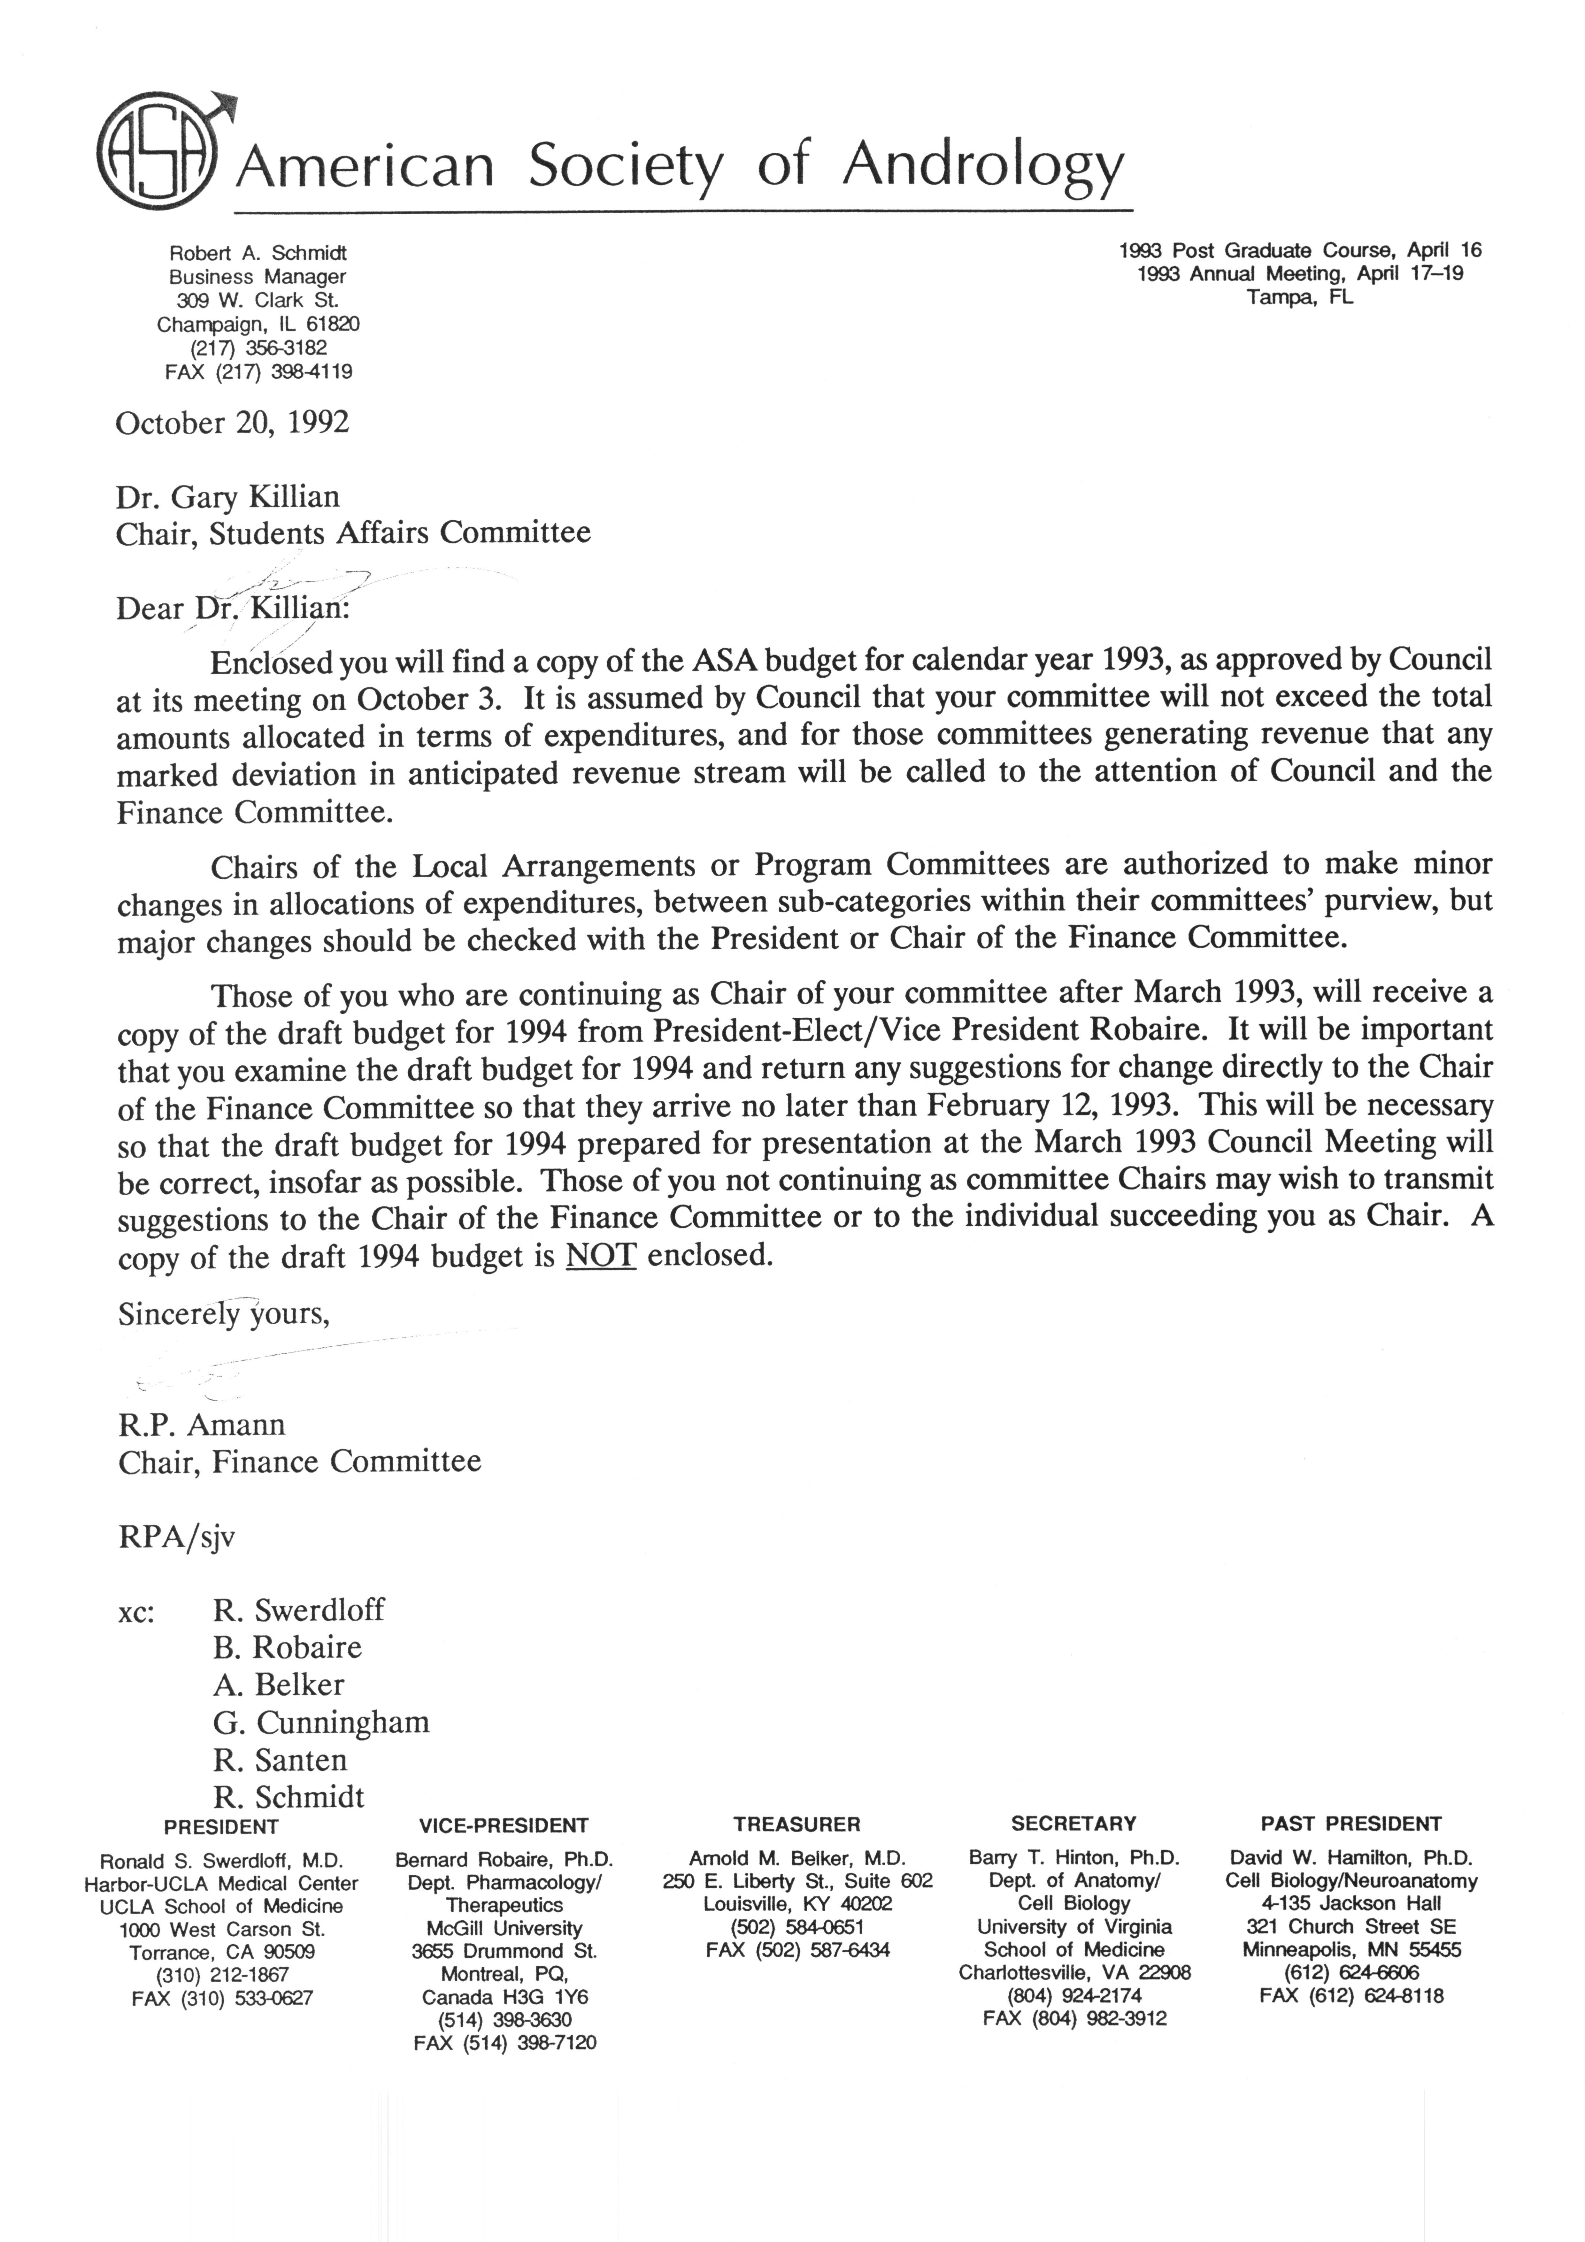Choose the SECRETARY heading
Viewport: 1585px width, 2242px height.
1073,1824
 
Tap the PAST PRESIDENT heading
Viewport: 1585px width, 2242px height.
1350,1824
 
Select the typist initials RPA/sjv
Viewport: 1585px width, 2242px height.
177,1538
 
